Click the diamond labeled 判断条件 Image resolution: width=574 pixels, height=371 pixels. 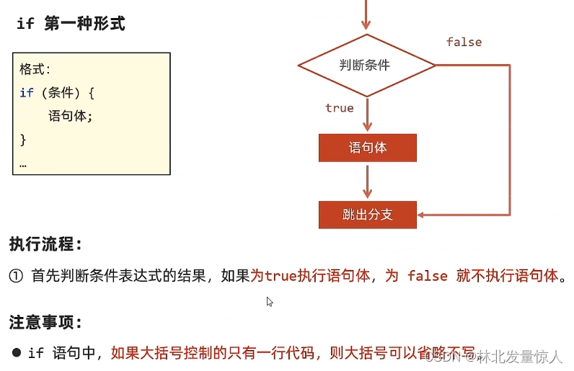(366, 65)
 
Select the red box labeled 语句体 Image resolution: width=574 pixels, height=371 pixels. (368, 148)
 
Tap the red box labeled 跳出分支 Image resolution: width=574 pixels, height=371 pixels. (368, 215)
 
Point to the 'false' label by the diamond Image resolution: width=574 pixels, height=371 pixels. (464, 42)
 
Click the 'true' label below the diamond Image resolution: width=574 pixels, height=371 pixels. (340, 108)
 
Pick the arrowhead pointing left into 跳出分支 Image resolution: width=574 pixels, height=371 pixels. (423, 215)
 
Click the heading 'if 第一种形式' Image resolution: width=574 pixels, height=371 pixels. (70, 24)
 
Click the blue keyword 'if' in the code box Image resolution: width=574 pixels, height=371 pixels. (27, 93)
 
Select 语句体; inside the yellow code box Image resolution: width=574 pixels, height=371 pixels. (71, 115)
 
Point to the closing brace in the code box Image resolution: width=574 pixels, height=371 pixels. (23, 138)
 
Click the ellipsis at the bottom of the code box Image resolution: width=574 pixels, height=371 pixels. (23, 163)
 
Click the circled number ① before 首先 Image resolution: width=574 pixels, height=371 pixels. (17, 276)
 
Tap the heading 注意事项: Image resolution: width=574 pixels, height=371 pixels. (46, 322)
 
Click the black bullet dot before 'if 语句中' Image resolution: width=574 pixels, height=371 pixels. (16, 353)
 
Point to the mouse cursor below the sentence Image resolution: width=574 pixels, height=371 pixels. (270, 302)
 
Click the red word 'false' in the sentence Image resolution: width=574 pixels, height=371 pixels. (428, 276)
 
